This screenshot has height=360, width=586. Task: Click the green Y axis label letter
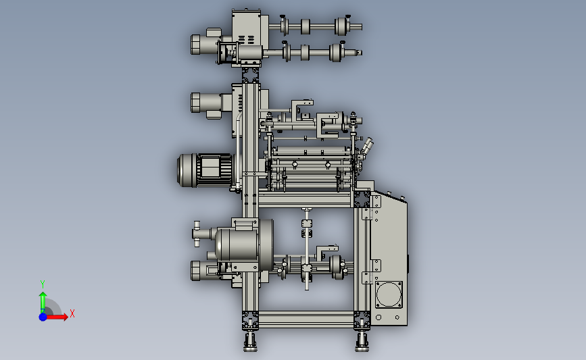42,284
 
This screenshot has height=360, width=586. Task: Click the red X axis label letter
72,313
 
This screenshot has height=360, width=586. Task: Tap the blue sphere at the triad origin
43,317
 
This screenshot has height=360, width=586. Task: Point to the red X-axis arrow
56,317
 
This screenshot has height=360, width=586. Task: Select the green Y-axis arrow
43,302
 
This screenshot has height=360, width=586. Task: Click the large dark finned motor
205,170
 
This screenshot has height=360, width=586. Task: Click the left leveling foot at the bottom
250,342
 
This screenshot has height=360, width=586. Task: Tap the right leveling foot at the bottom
362,342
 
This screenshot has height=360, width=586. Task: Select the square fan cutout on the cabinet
389,294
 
